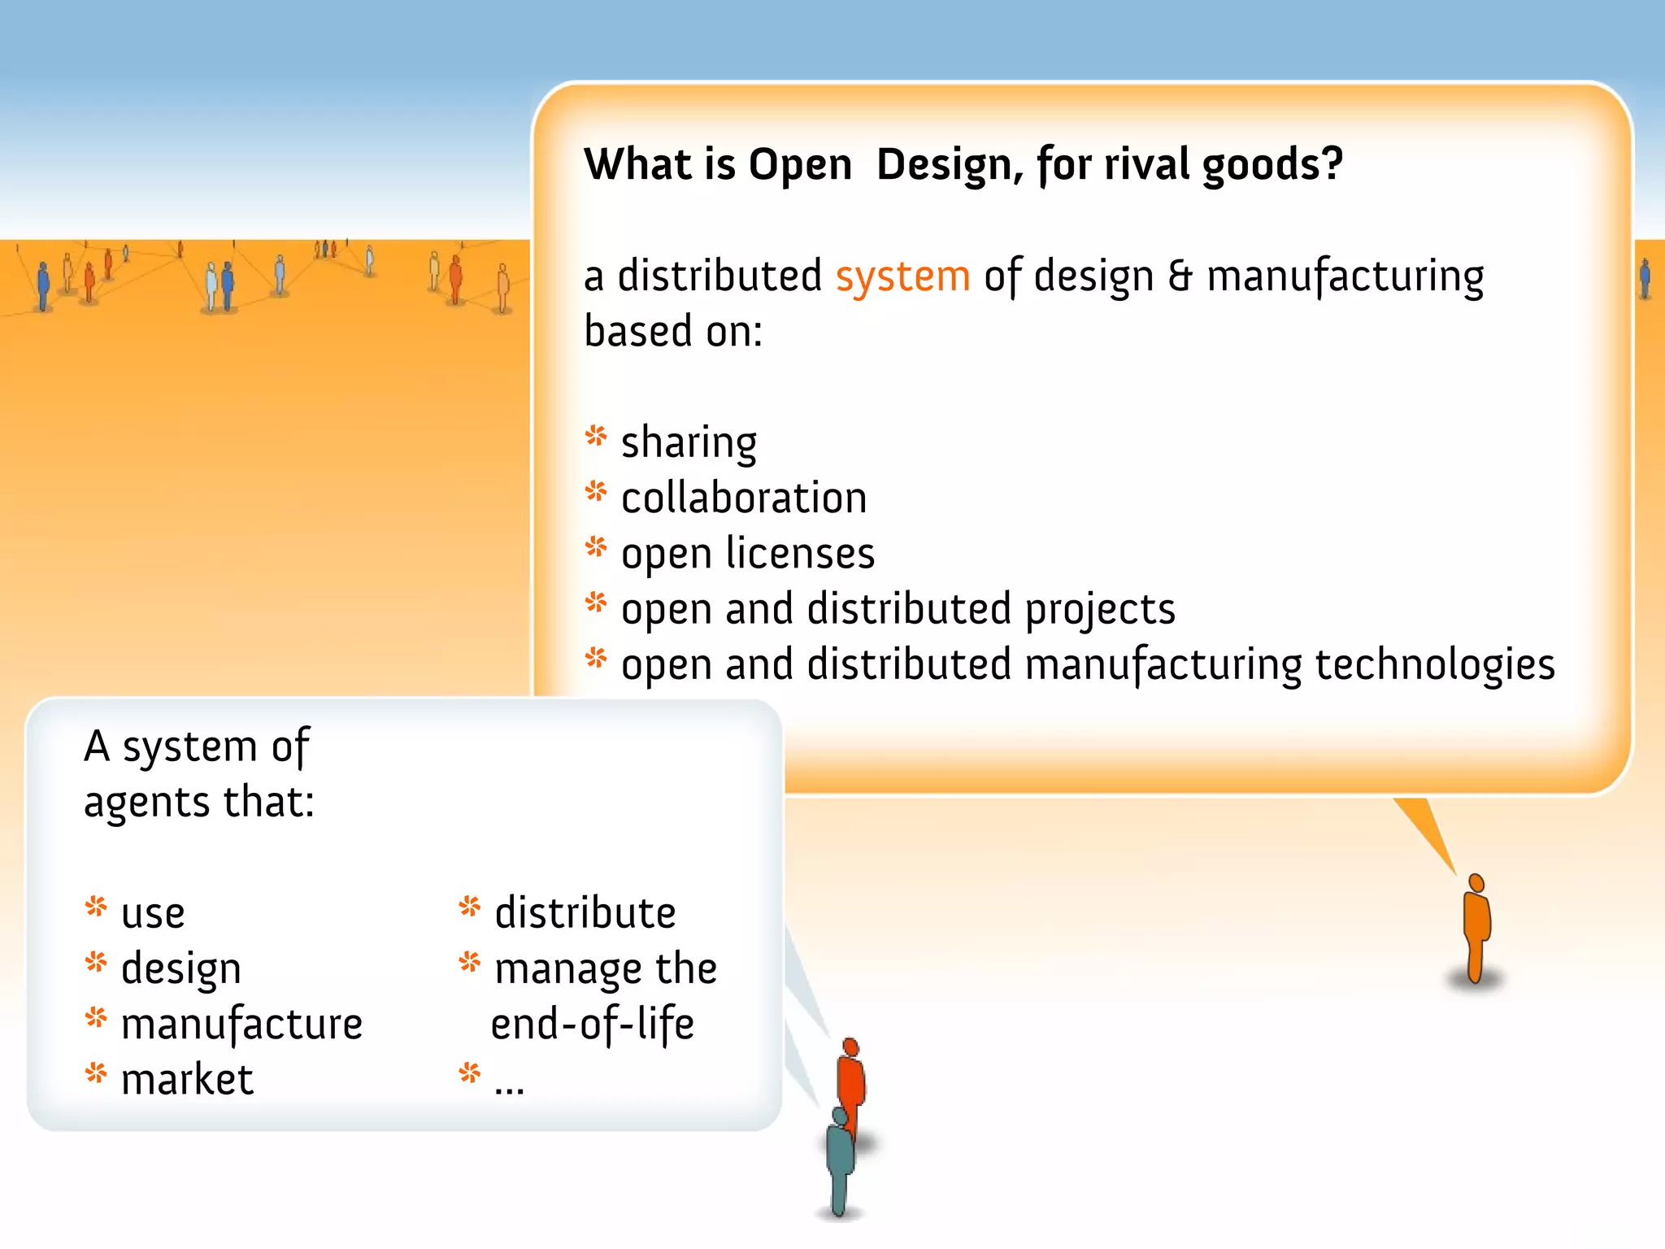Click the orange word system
pyautogui.click(x=902, y=276)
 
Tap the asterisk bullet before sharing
pyautogui.click(x=596, y=437)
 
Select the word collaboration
pyautogui.click(x=744, y=498)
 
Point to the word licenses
pyautogui.click(x=800, y=553)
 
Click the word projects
pyautogui.click(x=1099, y=610)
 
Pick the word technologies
pyautogui.click(x=1434, y=665)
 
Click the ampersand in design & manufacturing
pyautogui.click(x=1180, y=276)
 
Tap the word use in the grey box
pyautogui.click(x=153, y=914)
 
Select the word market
pyautogui.click(x=187, y=1080)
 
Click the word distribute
pyautogui.click(x=585, y=912)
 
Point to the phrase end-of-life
pyautogui.click(x=592, y=1025)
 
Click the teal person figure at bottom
pyautogui.click(x=839, y=1159)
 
